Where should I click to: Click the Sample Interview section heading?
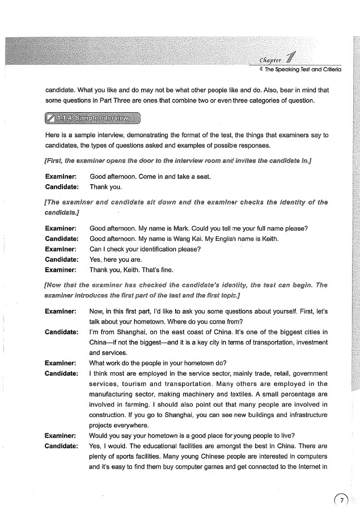(94, 118)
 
